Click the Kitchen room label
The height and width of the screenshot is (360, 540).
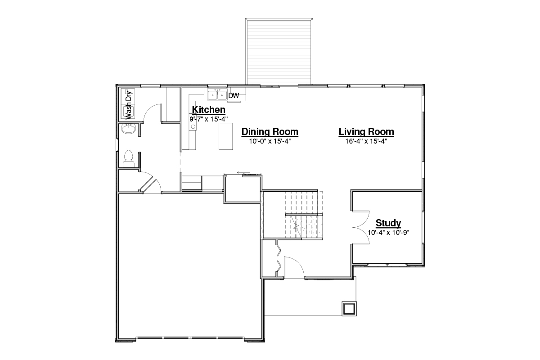[x=208, y=110]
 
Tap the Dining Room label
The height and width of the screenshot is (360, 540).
[x=270, y=132]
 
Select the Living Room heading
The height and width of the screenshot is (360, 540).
[x=366, y=132]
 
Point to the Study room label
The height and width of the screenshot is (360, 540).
[x=388, y=223]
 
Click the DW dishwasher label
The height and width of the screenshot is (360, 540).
[x=234, y=96]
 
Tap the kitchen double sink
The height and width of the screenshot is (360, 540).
[x=217, y=94]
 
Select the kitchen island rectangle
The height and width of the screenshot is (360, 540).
[x=225, y=136]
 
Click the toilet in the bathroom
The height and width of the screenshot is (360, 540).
[x=129, y=159]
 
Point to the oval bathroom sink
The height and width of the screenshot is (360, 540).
[x=128, y=129]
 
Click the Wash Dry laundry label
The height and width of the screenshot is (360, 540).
[x=129, y=105]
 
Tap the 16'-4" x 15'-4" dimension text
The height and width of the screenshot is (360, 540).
[x=366, y=141]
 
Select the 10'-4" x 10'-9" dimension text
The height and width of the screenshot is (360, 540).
[x=388, y=233]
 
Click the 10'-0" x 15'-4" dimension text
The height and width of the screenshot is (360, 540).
[x=270, y=141]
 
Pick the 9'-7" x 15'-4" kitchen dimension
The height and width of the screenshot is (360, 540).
[x=208, y=119]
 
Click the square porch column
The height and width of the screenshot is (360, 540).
[x=349, y=308]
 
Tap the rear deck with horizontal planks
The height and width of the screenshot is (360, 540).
[x=279, y=51]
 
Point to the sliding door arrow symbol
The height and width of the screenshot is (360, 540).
[x=243, y=173]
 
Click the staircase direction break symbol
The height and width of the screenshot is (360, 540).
[x=296, y=227]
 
